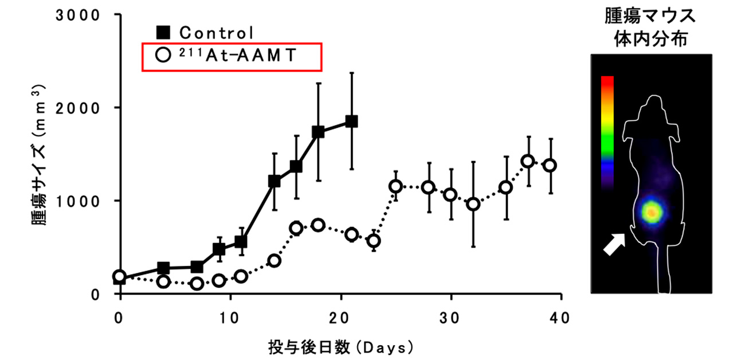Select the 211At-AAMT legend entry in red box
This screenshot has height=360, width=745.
click(x=231, y=56)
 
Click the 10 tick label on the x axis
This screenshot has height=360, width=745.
click(x=230, y=318)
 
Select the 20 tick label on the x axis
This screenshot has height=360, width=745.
click(x=341, y=318)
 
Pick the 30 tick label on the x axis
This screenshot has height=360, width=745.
click(x=451, y=318)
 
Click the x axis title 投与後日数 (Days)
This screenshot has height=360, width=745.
click(x=340, y=347)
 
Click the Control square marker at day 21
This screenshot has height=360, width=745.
click(x=351, y=122)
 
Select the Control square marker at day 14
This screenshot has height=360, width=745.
click(x=275, y=182)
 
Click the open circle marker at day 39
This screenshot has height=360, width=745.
click(x=550, y=165)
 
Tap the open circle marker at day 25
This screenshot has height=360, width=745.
click(x=395, y=186)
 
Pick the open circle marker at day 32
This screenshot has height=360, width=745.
click(x=473, y=204)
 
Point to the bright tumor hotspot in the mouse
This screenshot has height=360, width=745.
click(x=652, y=213)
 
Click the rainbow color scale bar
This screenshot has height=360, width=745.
click(x=607, y=132)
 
